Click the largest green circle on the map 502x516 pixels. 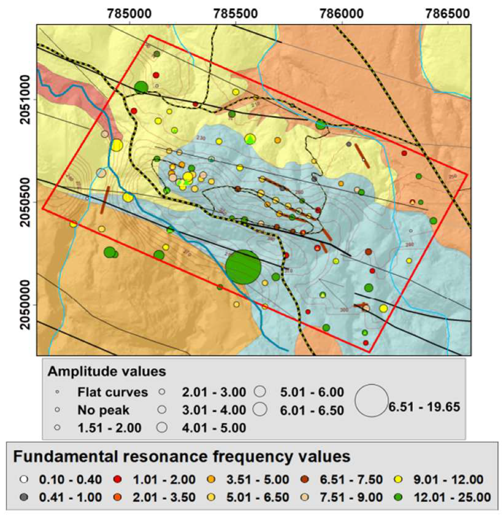243,267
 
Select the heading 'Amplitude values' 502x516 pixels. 106,372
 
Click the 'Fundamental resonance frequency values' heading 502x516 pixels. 181,457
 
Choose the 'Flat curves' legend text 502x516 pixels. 113,392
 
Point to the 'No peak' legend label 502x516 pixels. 103,410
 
